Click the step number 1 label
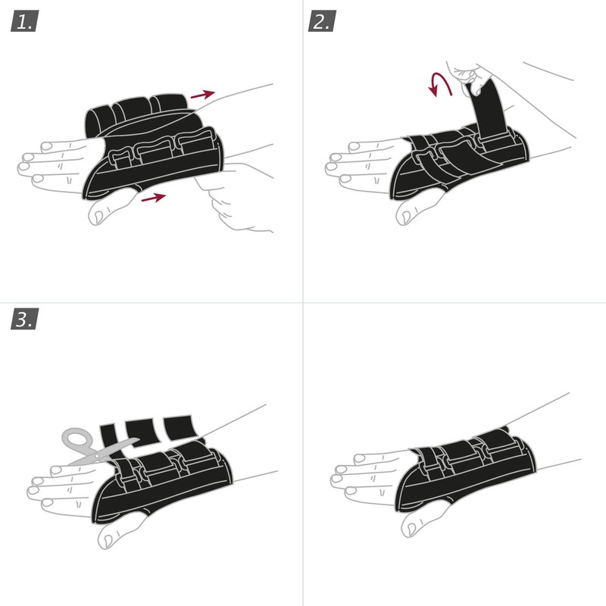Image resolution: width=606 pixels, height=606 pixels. click(24, 22)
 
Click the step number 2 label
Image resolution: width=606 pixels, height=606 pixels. click(321, 22)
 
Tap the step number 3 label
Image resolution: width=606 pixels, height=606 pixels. click(24, 319)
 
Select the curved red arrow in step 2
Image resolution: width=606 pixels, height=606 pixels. click(439, 83)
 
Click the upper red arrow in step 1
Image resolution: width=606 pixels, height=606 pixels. click(201, 94)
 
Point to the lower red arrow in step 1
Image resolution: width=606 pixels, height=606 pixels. click(154, 198)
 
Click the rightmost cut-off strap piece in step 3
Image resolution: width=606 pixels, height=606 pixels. click(180, 427)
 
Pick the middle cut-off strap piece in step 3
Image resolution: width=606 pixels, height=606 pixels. click(140, 431)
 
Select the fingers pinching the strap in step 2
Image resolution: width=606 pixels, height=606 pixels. click(462, 72)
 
